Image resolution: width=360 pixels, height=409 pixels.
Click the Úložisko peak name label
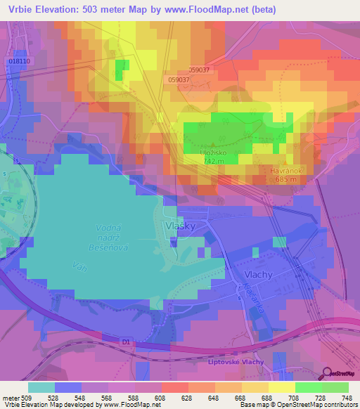coord(214,152)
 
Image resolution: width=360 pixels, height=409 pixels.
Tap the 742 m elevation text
coord(214,161)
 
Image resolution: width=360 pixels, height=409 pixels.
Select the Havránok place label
coord(288,170)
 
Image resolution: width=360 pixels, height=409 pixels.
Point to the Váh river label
coord(79,266)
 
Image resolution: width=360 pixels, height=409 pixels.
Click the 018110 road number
coord(20,61)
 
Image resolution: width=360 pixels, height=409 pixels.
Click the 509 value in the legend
coord(20,397)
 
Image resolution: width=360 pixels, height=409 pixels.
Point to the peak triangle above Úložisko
coord(213,145)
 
